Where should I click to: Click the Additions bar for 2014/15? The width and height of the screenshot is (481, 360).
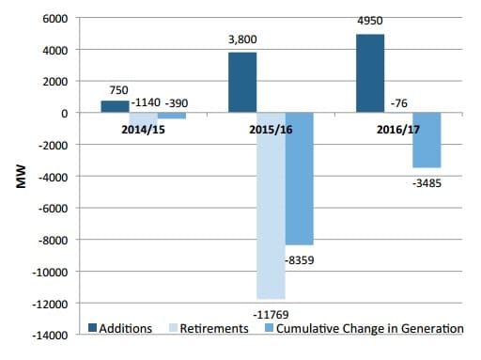[x=115, y=106]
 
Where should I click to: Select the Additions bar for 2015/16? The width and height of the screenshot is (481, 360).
[x=242, y=83]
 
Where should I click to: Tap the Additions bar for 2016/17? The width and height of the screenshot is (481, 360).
[x=370, y=73]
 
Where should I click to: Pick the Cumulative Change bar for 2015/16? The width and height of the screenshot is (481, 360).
[x=300, y=179]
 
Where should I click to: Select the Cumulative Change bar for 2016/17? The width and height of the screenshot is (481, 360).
[x=427, y=140]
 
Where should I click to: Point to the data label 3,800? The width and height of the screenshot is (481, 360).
[x=242, y=41]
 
